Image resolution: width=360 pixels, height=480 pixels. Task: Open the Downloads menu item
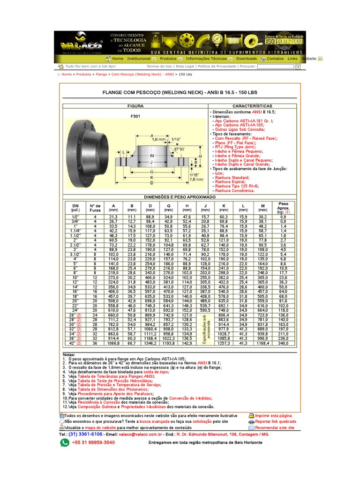pyautogui.click(x=246, y=59)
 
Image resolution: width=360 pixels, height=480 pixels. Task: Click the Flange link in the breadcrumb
pyautogui.click(x=101, y=74)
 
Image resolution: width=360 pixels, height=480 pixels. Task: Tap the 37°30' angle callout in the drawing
pyautogui.click(x=180, y=149)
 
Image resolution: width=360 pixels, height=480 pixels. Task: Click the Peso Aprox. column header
pyautogui.click(x=284, y=207)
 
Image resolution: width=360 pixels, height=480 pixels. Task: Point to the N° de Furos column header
pyautogui.click(x=95, y=207)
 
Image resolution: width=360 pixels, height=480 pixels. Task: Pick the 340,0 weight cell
pyautogui.click(x=283, y=343)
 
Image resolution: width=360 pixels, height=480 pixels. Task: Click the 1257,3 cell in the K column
pyautogui.click(x=224, y=343)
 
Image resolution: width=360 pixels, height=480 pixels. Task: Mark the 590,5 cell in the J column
pyautogui.click(x=205, y=310)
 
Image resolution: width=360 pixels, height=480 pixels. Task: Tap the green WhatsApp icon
pyautogui.click(x=64, y=442)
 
